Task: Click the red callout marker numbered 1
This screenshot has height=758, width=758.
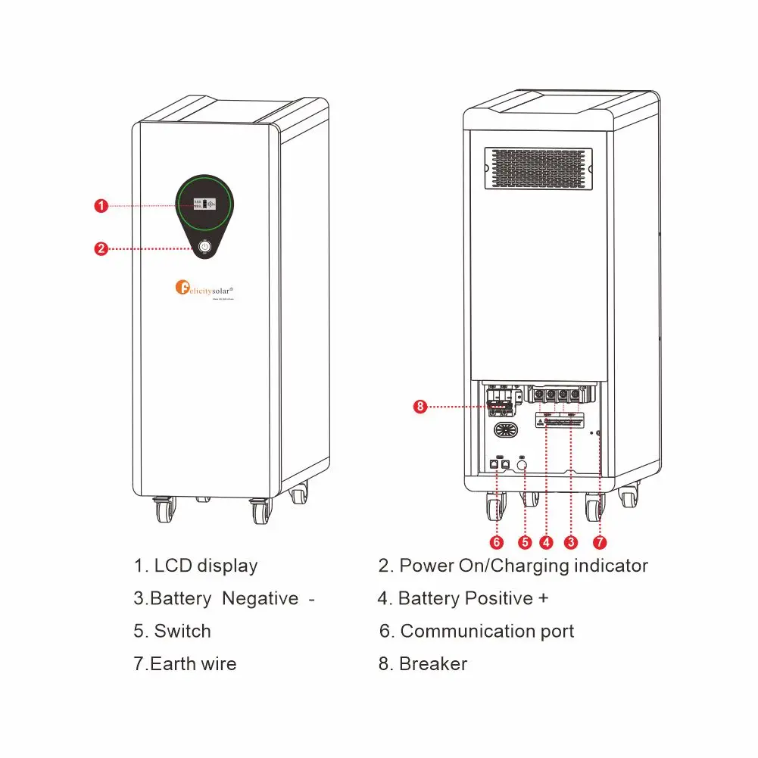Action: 101,205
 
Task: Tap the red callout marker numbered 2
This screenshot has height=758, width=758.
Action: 101,248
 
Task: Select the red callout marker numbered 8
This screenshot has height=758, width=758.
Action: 421,407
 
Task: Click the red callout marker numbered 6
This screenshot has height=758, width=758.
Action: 497,542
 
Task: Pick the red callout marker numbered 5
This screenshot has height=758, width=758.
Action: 524,542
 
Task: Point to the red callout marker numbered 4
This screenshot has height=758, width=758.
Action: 547,542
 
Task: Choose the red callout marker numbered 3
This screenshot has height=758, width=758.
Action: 572,542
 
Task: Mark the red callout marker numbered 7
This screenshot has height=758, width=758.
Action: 600,542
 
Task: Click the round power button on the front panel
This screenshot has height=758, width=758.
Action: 204,247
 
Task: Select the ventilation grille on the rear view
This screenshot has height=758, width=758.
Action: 538,168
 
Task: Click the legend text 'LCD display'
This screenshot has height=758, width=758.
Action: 205,566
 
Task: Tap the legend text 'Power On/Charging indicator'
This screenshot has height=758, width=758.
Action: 523,566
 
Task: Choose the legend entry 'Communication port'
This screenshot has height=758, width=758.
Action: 487,631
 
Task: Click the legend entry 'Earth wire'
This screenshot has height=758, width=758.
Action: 193,664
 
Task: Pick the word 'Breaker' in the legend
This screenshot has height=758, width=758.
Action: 432,664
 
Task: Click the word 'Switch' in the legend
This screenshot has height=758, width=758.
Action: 182,631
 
